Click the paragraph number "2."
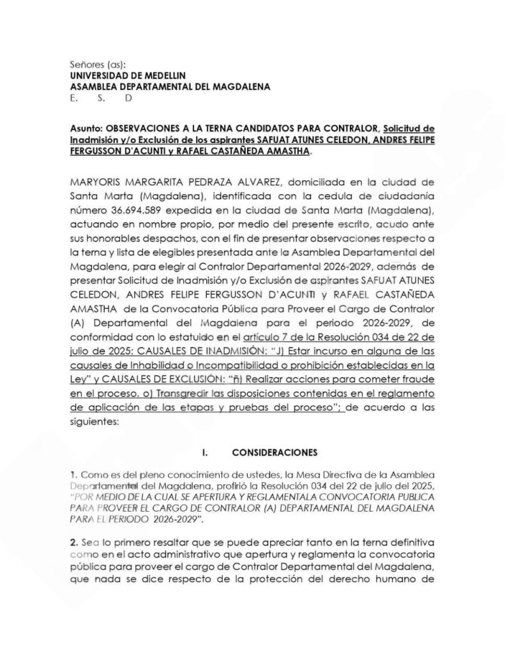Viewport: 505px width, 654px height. pos(74,541)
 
